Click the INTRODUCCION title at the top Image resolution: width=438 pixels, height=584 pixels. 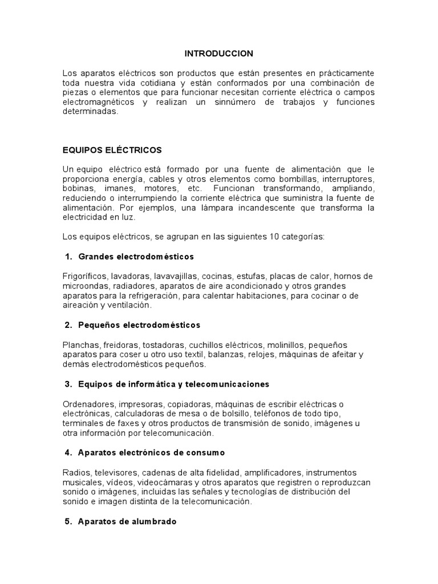218,53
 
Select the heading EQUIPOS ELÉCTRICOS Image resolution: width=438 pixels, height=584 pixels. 112,150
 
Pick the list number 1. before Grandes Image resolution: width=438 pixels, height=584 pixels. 68,257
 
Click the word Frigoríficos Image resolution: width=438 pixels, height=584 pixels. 85,276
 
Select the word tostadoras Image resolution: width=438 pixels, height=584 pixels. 164,345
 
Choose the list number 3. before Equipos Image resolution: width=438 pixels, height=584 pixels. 68,384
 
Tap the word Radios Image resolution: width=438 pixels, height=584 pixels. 75,473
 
